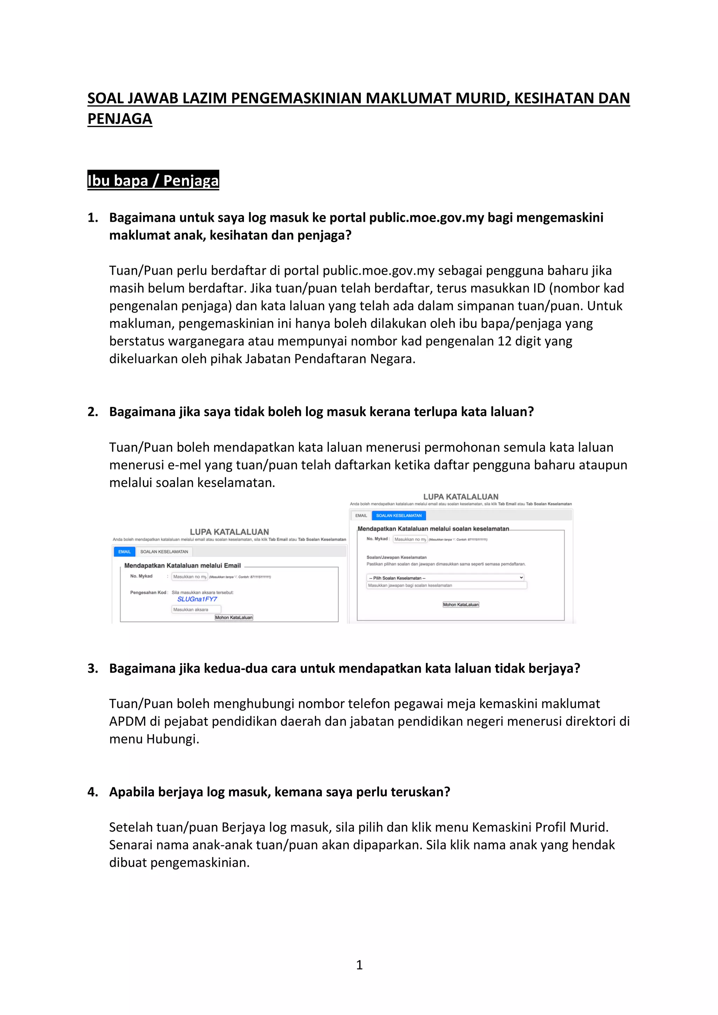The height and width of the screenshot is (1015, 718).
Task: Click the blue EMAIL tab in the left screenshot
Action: click(x=124, y=552)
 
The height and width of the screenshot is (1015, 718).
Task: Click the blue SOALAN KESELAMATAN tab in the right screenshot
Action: click(x=399, y=515)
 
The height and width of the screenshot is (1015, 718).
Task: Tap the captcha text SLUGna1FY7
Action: click(x=197, y=599)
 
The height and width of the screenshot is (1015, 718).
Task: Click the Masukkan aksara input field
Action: click(x=196, y=610)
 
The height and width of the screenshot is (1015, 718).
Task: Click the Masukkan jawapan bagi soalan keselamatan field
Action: click(x=446, y=585)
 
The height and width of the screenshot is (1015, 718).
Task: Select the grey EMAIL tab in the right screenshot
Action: click(x=361, y=515)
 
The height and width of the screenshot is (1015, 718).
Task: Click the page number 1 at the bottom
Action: click(x=359, y=965)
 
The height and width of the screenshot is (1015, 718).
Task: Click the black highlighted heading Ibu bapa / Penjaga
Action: click(x=153, y=180)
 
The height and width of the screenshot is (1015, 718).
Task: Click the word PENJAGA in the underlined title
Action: click(x=120, y=118)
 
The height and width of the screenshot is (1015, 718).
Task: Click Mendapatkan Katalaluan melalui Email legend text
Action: click(x=182, y=565)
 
